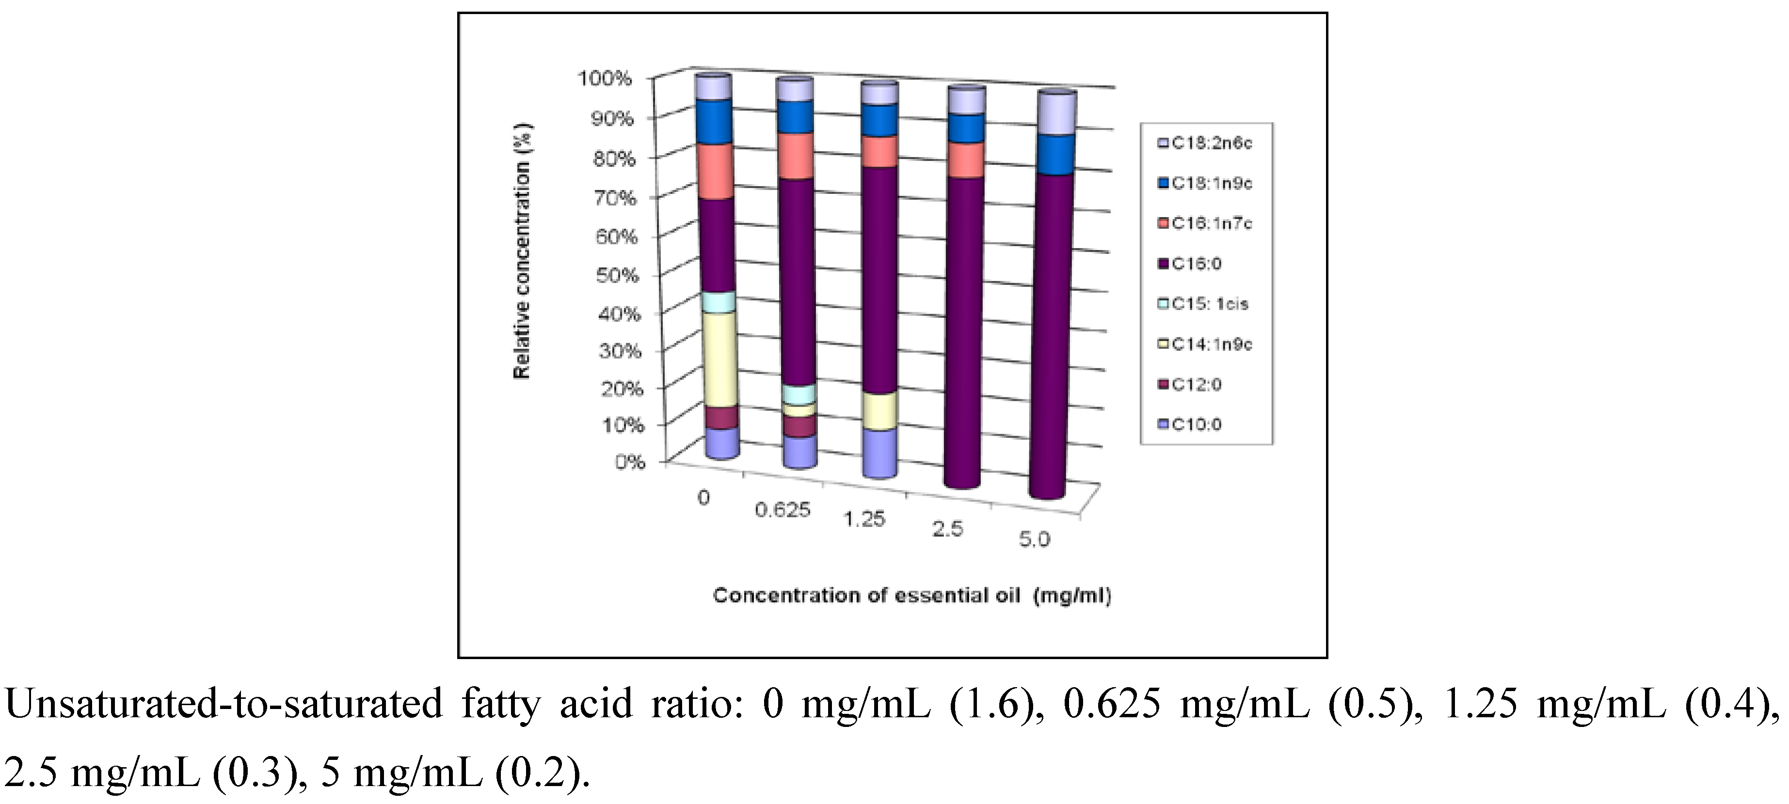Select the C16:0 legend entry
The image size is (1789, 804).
click(x=1196, y=264)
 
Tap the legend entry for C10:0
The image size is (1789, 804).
click(x=1196, y=424)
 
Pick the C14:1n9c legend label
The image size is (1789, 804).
click(x=1211, y=345)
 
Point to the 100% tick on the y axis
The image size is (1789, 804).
click(x=605, y=78)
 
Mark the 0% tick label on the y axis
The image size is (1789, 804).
click(x=630, y=461)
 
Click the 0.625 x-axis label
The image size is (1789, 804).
click(x=783, y=510)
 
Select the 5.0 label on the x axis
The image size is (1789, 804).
click(x=1034, y=539)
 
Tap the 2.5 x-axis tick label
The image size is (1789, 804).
click(x=947, y=529)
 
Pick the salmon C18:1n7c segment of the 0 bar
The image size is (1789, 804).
click(x=715, y=172)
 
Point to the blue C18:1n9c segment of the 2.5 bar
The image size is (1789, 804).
click(x=965, y=128)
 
